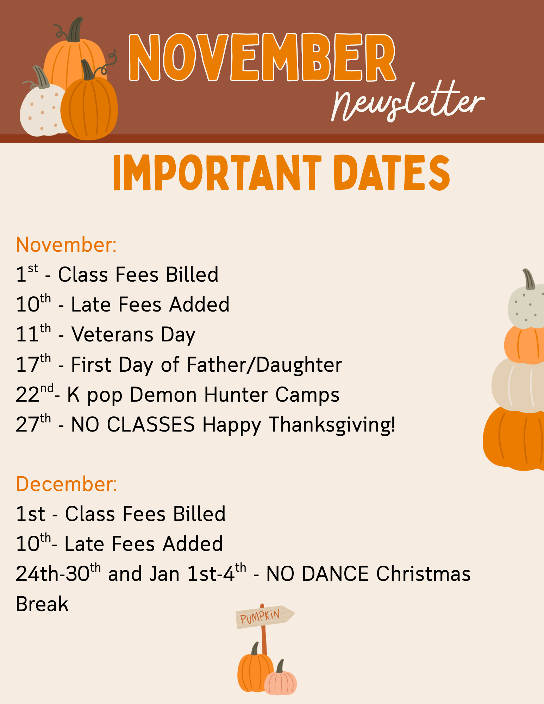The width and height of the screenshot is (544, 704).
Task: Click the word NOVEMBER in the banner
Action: tap(263, 57)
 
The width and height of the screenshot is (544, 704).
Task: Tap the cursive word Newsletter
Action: tap(408, 102)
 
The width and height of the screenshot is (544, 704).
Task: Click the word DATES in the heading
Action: tap(392, 173)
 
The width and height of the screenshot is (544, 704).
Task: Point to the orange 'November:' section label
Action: tap(66, 245)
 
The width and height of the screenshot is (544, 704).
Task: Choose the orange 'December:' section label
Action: tap(67, 484)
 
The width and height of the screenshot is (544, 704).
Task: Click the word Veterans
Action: tap(112, 334)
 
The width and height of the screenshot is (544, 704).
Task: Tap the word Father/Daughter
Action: tap(264, 365)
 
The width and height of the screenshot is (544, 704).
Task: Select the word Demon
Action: tap(163, 395)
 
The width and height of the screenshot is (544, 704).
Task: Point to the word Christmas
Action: tap(423, 574)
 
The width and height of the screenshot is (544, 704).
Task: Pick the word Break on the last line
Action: tap(42, 604)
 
